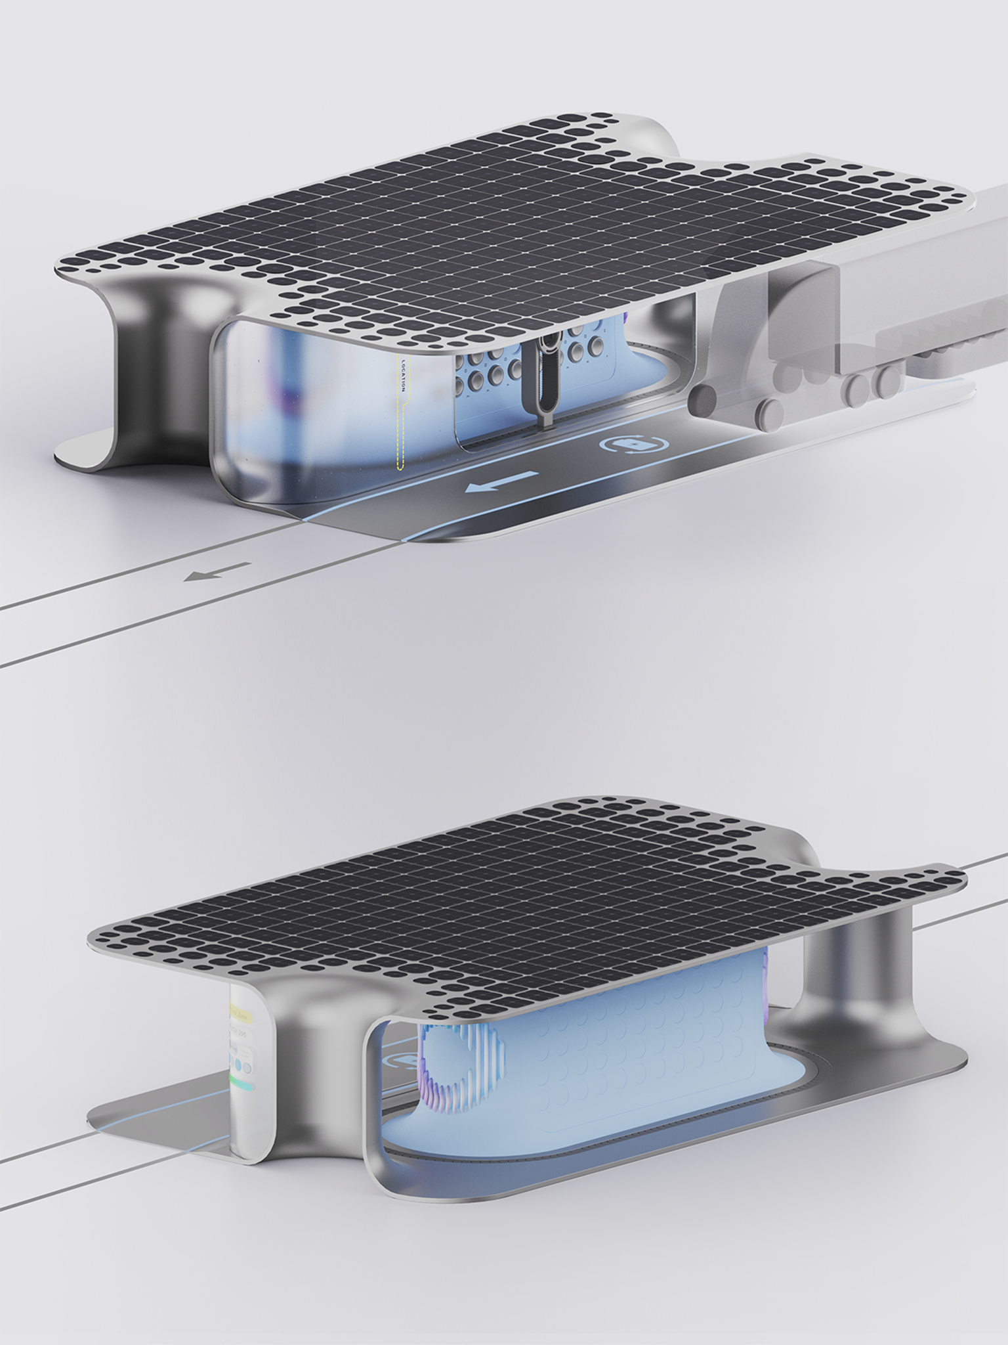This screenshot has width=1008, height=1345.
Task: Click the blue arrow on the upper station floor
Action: (501, 481)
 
